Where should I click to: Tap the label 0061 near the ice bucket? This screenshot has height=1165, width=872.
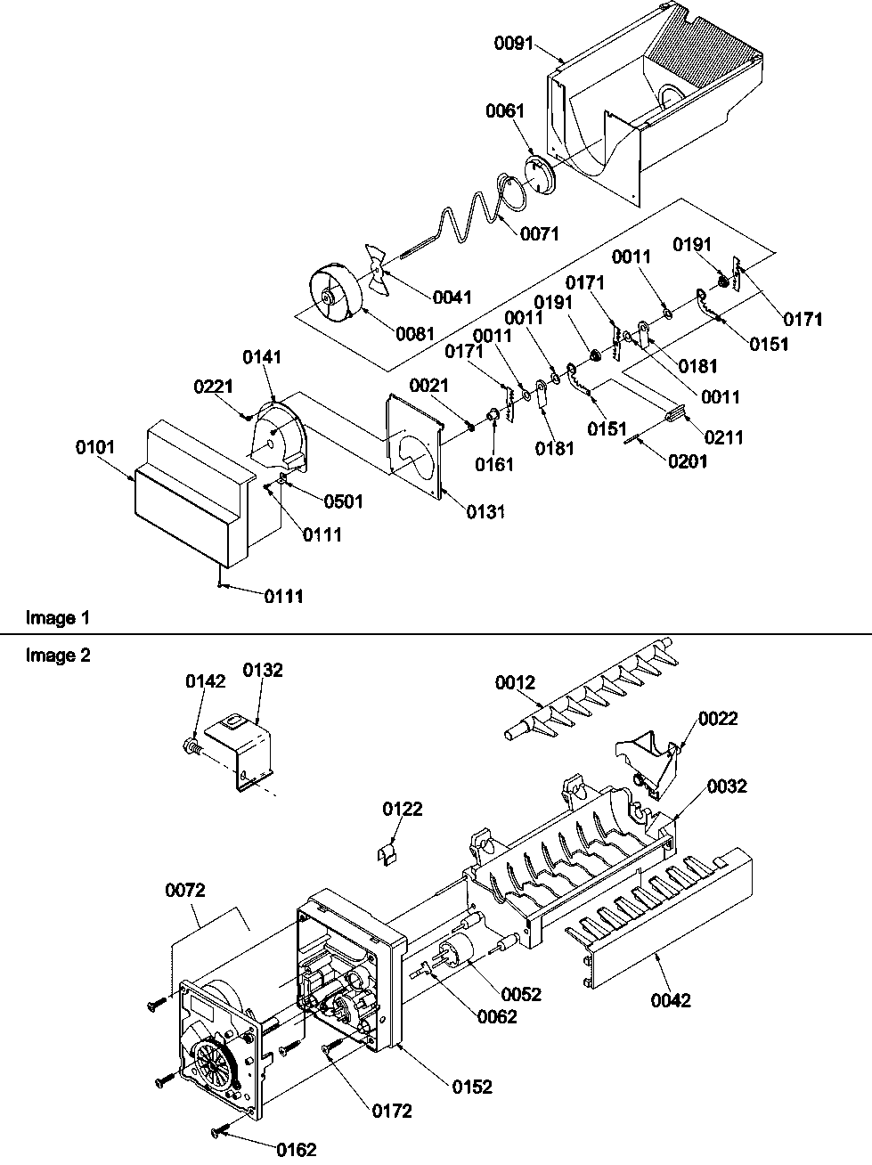click(x=505, y=111)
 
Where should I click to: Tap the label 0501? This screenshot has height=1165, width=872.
click(x=342, y=501)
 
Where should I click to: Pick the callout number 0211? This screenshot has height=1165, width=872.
click(x=724, y=437)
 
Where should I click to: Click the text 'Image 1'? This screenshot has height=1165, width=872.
click(x=58, y=616)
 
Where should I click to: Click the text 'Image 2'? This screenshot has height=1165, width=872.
click(x=58, y=656)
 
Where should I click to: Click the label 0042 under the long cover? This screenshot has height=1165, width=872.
click(x=671, y=1000)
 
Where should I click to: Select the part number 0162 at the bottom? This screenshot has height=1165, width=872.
click(x=296, y=1149)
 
